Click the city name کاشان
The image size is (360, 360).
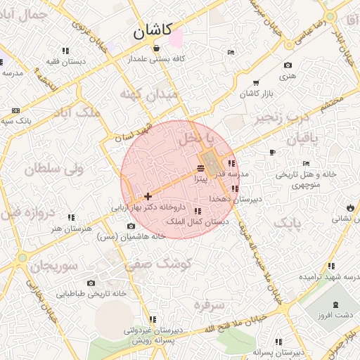(152, 31)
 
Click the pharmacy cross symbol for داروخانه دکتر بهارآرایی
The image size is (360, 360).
(148, 196)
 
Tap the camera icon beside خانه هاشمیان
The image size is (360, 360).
(131, 226)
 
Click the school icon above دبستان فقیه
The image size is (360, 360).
(65, 51)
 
